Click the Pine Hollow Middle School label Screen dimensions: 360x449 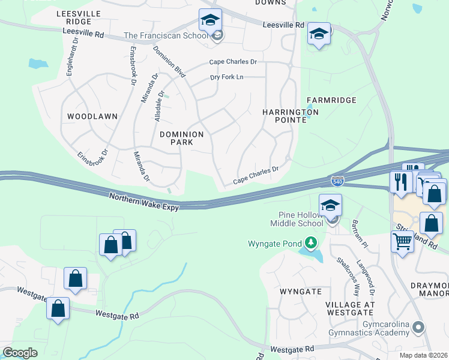click(x=301, y=220)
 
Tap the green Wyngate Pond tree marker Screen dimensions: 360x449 click(x=310, y=243)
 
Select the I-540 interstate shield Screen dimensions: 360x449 click(x=337, y=180)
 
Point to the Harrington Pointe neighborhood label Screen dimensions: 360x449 click(x=291, y=116)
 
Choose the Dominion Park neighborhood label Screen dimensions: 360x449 click(x=181, y=138)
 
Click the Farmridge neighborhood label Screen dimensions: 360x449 click(x=331, y=100)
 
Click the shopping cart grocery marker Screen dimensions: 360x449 click(x=402, y=242)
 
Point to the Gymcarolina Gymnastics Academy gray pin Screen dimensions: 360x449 click(x=419, y=328)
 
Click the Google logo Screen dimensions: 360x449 click(x=20, y=353)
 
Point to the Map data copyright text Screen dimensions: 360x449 click(x=424, y=355)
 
